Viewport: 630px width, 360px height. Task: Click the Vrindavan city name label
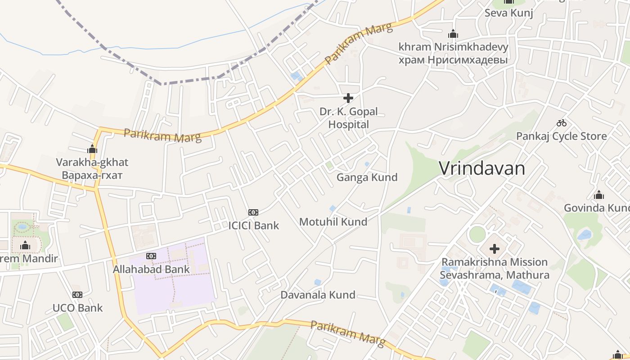[482, 169]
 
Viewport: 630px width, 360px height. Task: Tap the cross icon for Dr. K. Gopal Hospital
[348, 98]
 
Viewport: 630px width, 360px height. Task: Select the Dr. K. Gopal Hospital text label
[349, 118]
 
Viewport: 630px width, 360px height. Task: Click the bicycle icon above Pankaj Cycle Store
[561, 122]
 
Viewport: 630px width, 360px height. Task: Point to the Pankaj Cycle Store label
[561, 136]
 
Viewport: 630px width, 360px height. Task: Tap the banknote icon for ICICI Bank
[253, 212]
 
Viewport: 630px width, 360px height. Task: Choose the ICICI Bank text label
[254, 225]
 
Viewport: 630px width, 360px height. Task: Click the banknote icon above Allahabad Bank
[151, 256]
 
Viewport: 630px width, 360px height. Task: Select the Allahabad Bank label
[151, 270]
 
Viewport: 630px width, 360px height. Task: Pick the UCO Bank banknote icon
[77, 295]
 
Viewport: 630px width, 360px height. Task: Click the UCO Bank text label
[78, 308]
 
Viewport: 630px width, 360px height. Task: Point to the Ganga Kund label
[367, 177]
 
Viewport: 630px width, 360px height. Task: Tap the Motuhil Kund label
[333, 221]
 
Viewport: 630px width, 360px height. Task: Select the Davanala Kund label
[318, 295]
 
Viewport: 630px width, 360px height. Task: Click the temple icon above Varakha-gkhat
[92, 148]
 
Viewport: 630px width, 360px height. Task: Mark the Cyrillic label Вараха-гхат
[92, 175]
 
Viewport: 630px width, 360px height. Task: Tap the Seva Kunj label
[508, 13]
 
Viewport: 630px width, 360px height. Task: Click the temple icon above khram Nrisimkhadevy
[453, 34]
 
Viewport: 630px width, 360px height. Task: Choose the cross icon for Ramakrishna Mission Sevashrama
[495, 248]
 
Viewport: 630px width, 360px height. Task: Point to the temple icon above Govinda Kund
[598, 195]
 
